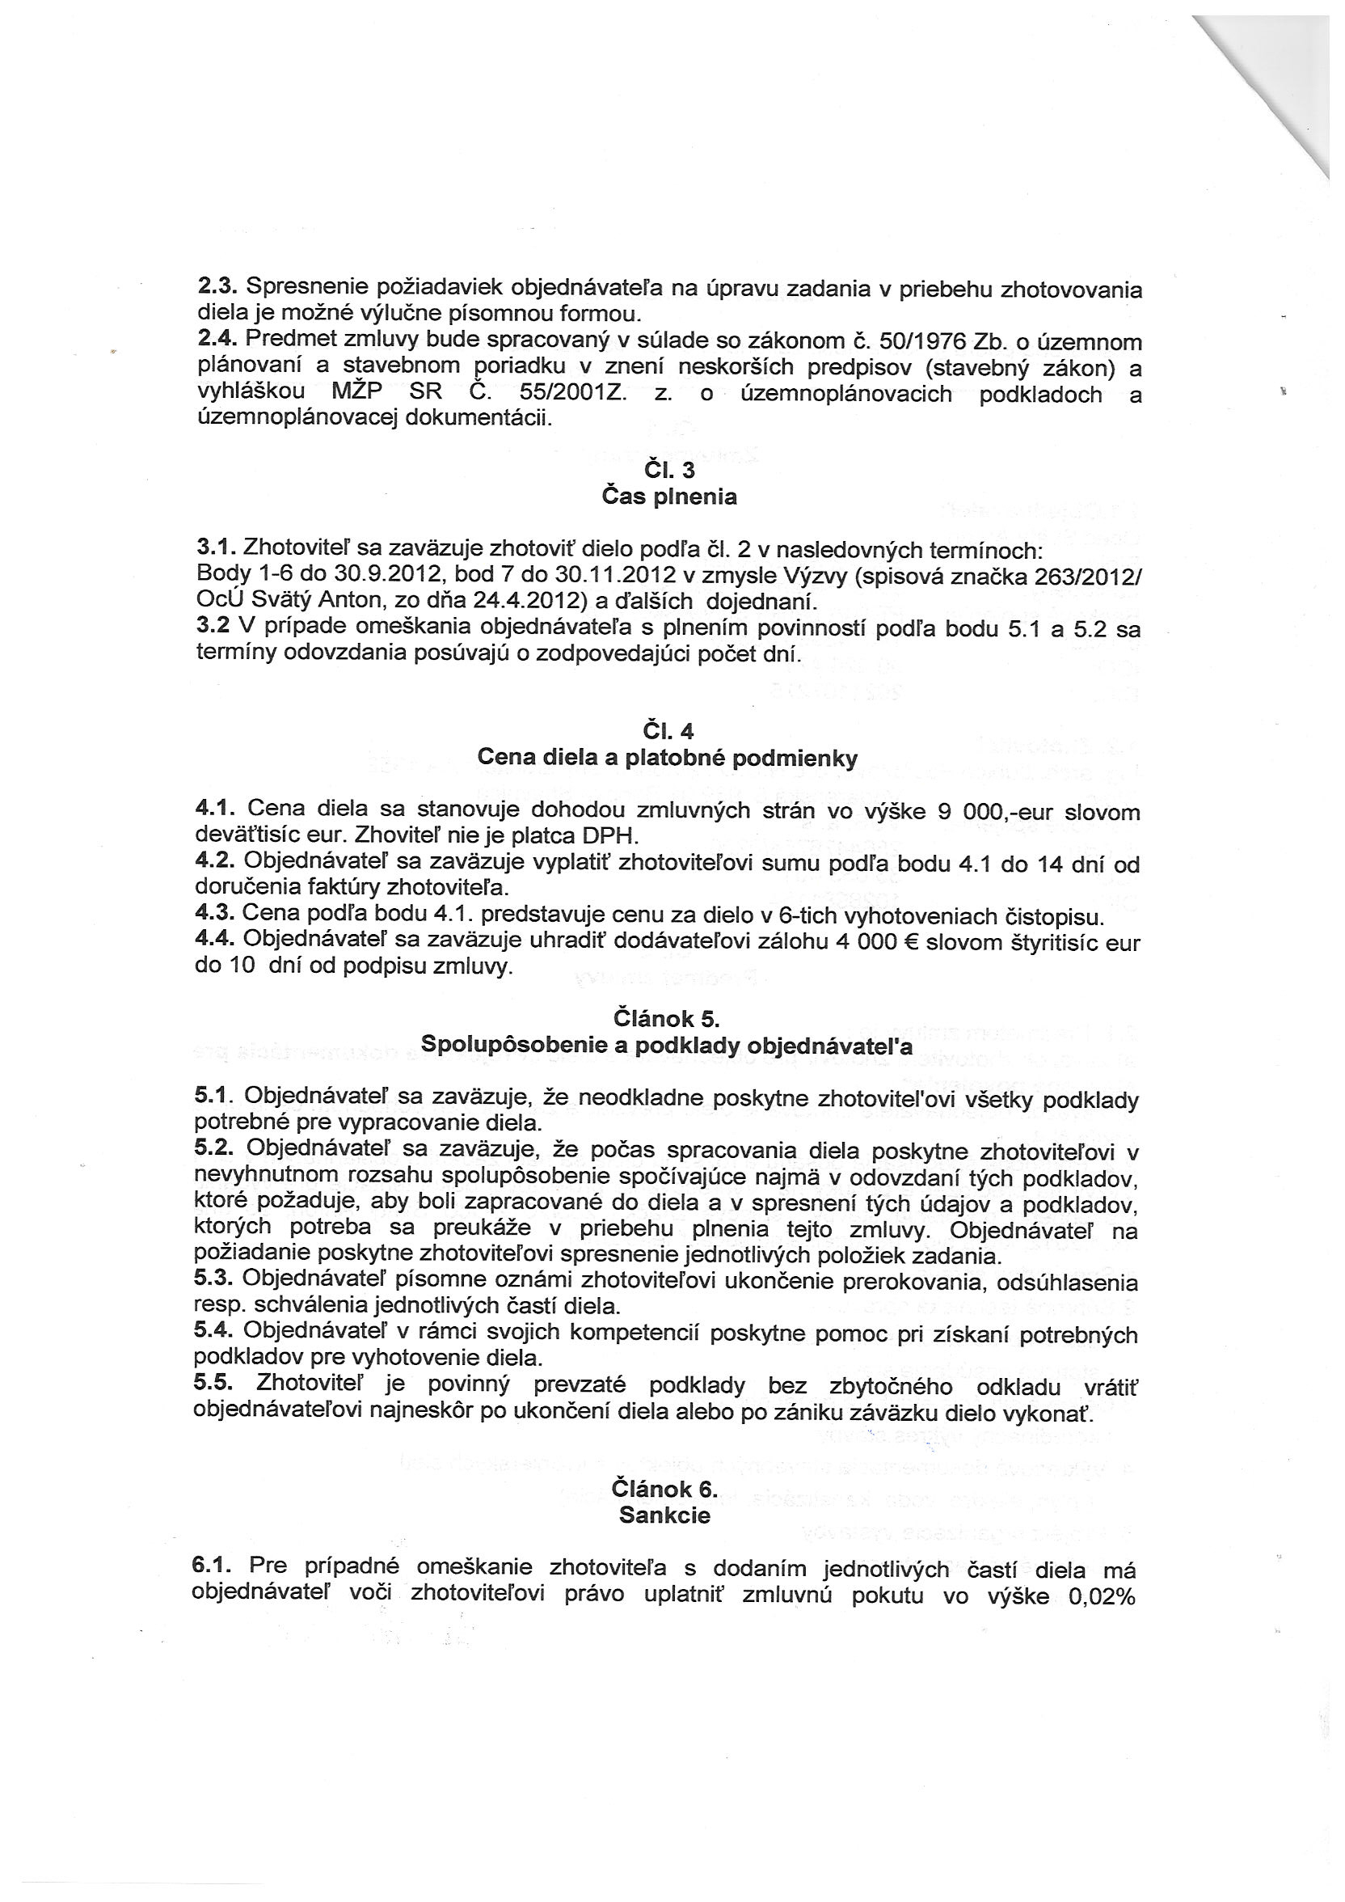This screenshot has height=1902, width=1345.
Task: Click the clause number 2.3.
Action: coord(217,287)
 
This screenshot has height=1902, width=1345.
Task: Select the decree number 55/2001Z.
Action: coord(573,394)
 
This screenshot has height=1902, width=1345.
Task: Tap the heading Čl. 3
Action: coord(669,471)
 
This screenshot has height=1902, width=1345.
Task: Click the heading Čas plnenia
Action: coord(669,497)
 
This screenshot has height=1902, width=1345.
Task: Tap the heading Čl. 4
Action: coord(668,731)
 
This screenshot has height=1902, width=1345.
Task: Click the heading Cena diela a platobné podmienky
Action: coord(668,758)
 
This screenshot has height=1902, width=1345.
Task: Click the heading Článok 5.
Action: coord(667,1018)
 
